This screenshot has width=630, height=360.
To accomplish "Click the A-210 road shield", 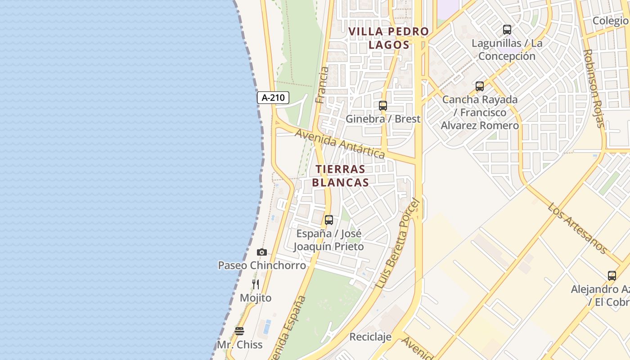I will click(273, 98).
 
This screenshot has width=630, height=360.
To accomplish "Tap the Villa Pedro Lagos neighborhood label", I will click(389, 38).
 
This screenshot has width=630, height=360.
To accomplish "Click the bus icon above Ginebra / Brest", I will click(383, 106).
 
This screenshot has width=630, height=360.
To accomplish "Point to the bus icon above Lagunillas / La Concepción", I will click(507, 30).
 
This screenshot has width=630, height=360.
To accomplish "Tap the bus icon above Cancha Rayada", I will click(480, 86).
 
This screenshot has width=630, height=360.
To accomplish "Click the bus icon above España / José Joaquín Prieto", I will click(329, 220).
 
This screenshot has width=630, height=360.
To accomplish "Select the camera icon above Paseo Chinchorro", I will click(261, 252).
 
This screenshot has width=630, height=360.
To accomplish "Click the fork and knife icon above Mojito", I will click(256, 284).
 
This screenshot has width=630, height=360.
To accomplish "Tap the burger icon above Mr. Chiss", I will click(239, 331).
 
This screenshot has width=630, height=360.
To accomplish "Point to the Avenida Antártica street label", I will click(340, 144).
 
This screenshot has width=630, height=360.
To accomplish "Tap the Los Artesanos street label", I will click(577, 228).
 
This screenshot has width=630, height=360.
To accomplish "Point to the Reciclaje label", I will click(370, 337).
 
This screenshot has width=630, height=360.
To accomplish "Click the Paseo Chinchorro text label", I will click(262, 265).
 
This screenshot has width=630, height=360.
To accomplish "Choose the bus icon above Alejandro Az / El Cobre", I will click(612, 276).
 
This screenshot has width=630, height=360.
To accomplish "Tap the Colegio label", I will click(610, 21).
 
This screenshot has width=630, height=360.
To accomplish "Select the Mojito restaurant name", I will click(256, 298).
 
